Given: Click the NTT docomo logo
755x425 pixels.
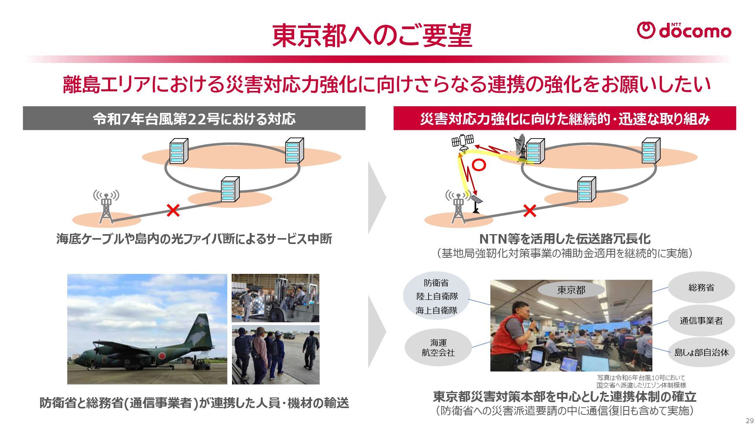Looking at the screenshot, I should click(x=684, y=31).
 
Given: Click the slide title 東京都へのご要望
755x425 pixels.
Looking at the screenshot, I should click(x=372, y=36).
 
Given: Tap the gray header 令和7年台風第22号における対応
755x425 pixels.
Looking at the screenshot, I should click(x=194, y=118).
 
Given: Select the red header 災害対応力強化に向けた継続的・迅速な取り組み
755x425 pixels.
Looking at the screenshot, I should click(x=564, y=118).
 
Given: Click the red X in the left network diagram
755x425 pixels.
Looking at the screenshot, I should click(x=173, y=210).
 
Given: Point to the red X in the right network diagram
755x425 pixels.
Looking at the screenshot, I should click(x=530, y=211).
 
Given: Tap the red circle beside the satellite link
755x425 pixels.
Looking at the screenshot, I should click(x=479, y=165).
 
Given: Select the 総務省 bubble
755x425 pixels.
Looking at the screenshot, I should click(x=701, y=288).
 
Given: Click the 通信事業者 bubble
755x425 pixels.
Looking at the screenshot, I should click(x=701, y=321).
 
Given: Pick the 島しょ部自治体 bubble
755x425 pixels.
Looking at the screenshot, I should click(x=702, y=353).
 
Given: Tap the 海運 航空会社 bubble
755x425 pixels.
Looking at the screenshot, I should click(x=438, y=348).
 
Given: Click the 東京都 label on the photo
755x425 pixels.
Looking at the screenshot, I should click(x=571, y=290).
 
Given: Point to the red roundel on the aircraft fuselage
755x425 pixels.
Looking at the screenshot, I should click(x=162, y=355).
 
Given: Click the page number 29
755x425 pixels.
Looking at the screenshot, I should click(x=749, y=420).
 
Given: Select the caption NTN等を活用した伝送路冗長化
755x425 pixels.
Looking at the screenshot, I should click(x=564, y=239).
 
